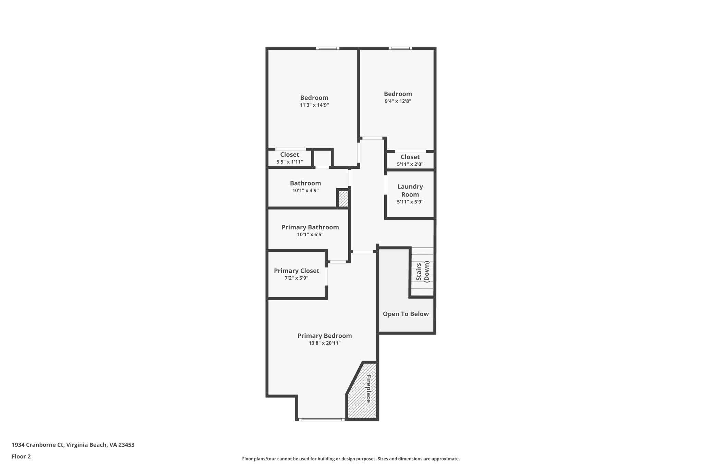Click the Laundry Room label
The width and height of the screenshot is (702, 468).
(x=410, y=190)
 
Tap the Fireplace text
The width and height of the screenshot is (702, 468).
(x=368, y=389)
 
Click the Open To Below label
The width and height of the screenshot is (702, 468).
(x=406, y=314)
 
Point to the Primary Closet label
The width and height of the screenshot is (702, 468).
(x=296, y=271)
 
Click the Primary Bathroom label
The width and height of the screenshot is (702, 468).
(x=310, y=227)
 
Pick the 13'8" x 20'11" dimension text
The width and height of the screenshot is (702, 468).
(x=325, y=343)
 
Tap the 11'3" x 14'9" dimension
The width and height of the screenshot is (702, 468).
(x=314, y=105)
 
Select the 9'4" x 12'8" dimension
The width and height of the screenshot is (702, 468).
(x=398, y=101)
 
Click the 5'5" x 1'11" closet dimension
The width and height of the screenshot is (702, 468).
(x=290, y=162)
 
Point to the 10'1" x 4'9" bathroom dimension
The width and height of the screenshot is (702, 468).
(x=305, y=191)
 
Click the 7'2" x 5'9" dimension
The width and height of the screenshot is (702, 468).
(x=296, y=278)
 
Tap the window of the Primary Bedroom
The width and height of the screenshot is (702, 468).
(x=321, y=419)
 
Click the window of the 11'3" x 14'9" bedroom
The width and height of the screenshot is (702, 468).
(x=328, y=48)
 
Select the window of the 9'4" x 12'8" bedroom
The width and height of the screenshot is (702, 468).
(x=400, y=48)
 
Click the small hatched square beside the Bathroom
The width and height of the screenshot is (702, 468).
(x=343, y=199)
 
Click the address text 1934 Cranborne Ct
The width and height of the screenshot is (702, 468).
(x=73, y=445)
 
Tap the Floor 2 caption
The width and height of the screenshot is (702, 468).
(x=21, y=456)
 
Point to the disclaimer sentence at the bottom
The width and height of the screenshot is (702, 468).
(x=351, y=459)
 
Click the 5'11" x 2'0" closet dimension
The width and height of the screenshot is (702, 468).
(x=410, y=164)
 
